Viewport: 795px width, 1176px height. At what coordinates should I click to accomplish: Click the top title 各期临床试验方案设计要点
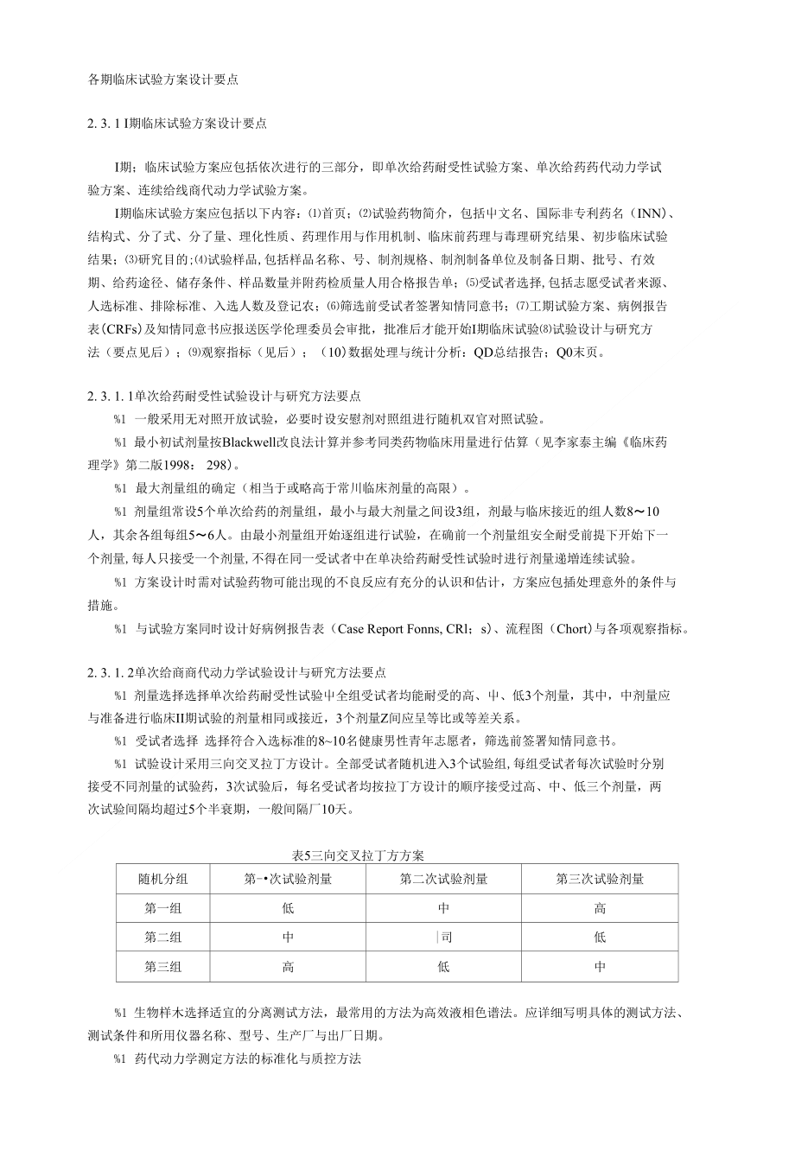162,80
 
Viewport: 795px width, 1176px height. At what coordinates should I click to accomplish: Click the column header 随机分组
162,880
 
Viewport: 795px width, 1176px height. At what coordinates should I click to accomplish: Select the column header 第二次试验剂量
443,880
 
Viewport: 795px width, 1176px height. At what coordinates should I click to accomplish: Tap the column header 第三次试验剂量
600,880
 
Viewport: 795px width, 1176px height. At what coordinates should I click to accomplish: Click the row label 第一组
162,908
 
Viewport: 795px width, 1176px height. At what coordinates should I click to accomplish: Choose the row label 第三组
162,967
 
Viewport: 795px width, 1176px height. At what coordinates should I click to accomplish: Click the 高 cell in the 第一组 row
600,908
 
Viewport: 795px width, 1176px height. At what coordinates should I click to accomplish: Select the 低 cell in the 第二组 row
600,938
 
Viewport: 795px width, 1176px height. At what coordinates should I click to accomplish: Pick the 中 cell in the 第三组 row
600,967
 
